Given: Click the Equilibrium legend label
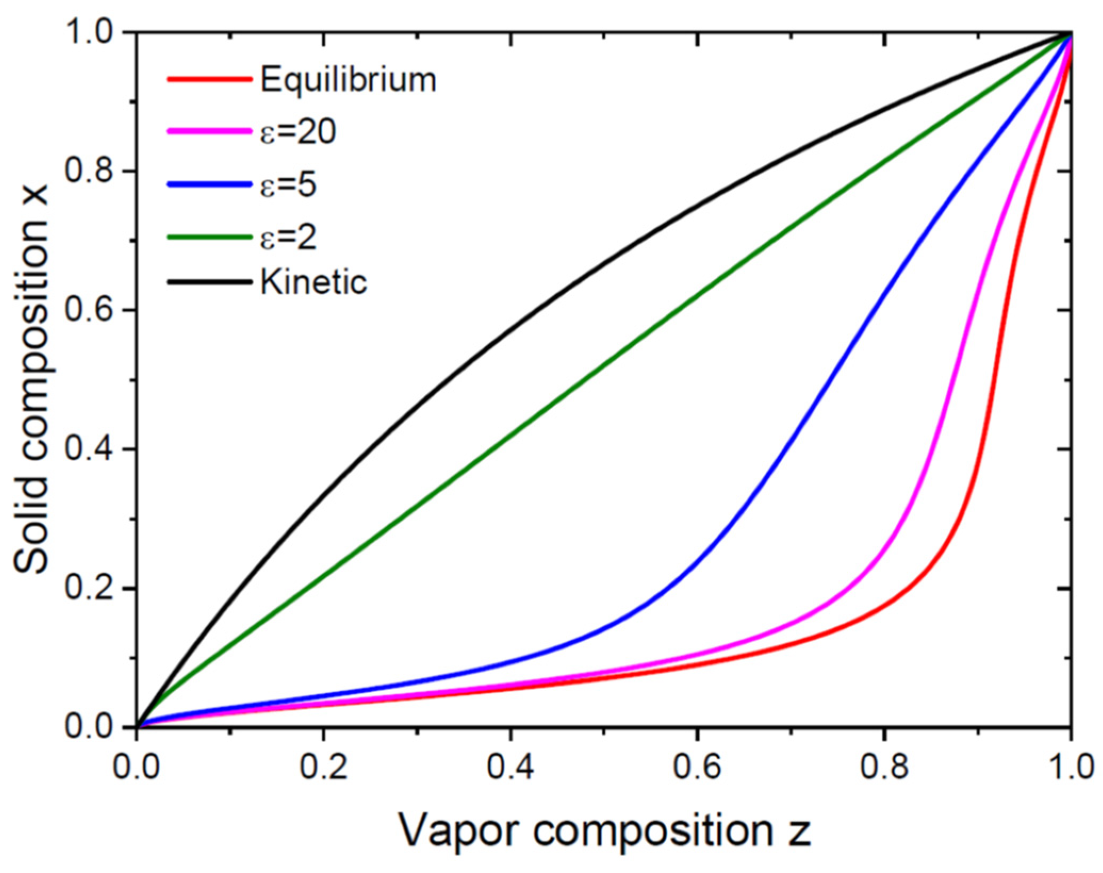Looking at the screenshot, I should tap(348, 81).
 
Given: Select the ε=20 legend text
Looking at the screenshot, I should tap(298, 131).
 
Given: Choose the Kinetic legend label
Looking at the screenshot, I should tap(314, 282).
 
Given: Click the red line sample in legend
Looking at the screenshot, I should tap(209, 80).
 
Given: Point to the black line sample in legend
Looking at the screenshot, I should tap(209, 282).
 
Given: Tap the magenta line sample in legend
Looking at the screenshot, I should tap(209, 131).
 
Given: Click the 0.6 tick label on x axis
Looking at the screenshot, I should tap(697, 768).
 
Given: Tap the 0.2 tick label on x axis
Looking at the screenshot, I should tap(323, 768).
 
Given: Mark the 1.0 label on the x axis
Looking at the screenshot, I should tap(1070, 768).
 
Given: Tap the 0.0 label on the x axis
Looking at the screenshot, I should tap(137, 768).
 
